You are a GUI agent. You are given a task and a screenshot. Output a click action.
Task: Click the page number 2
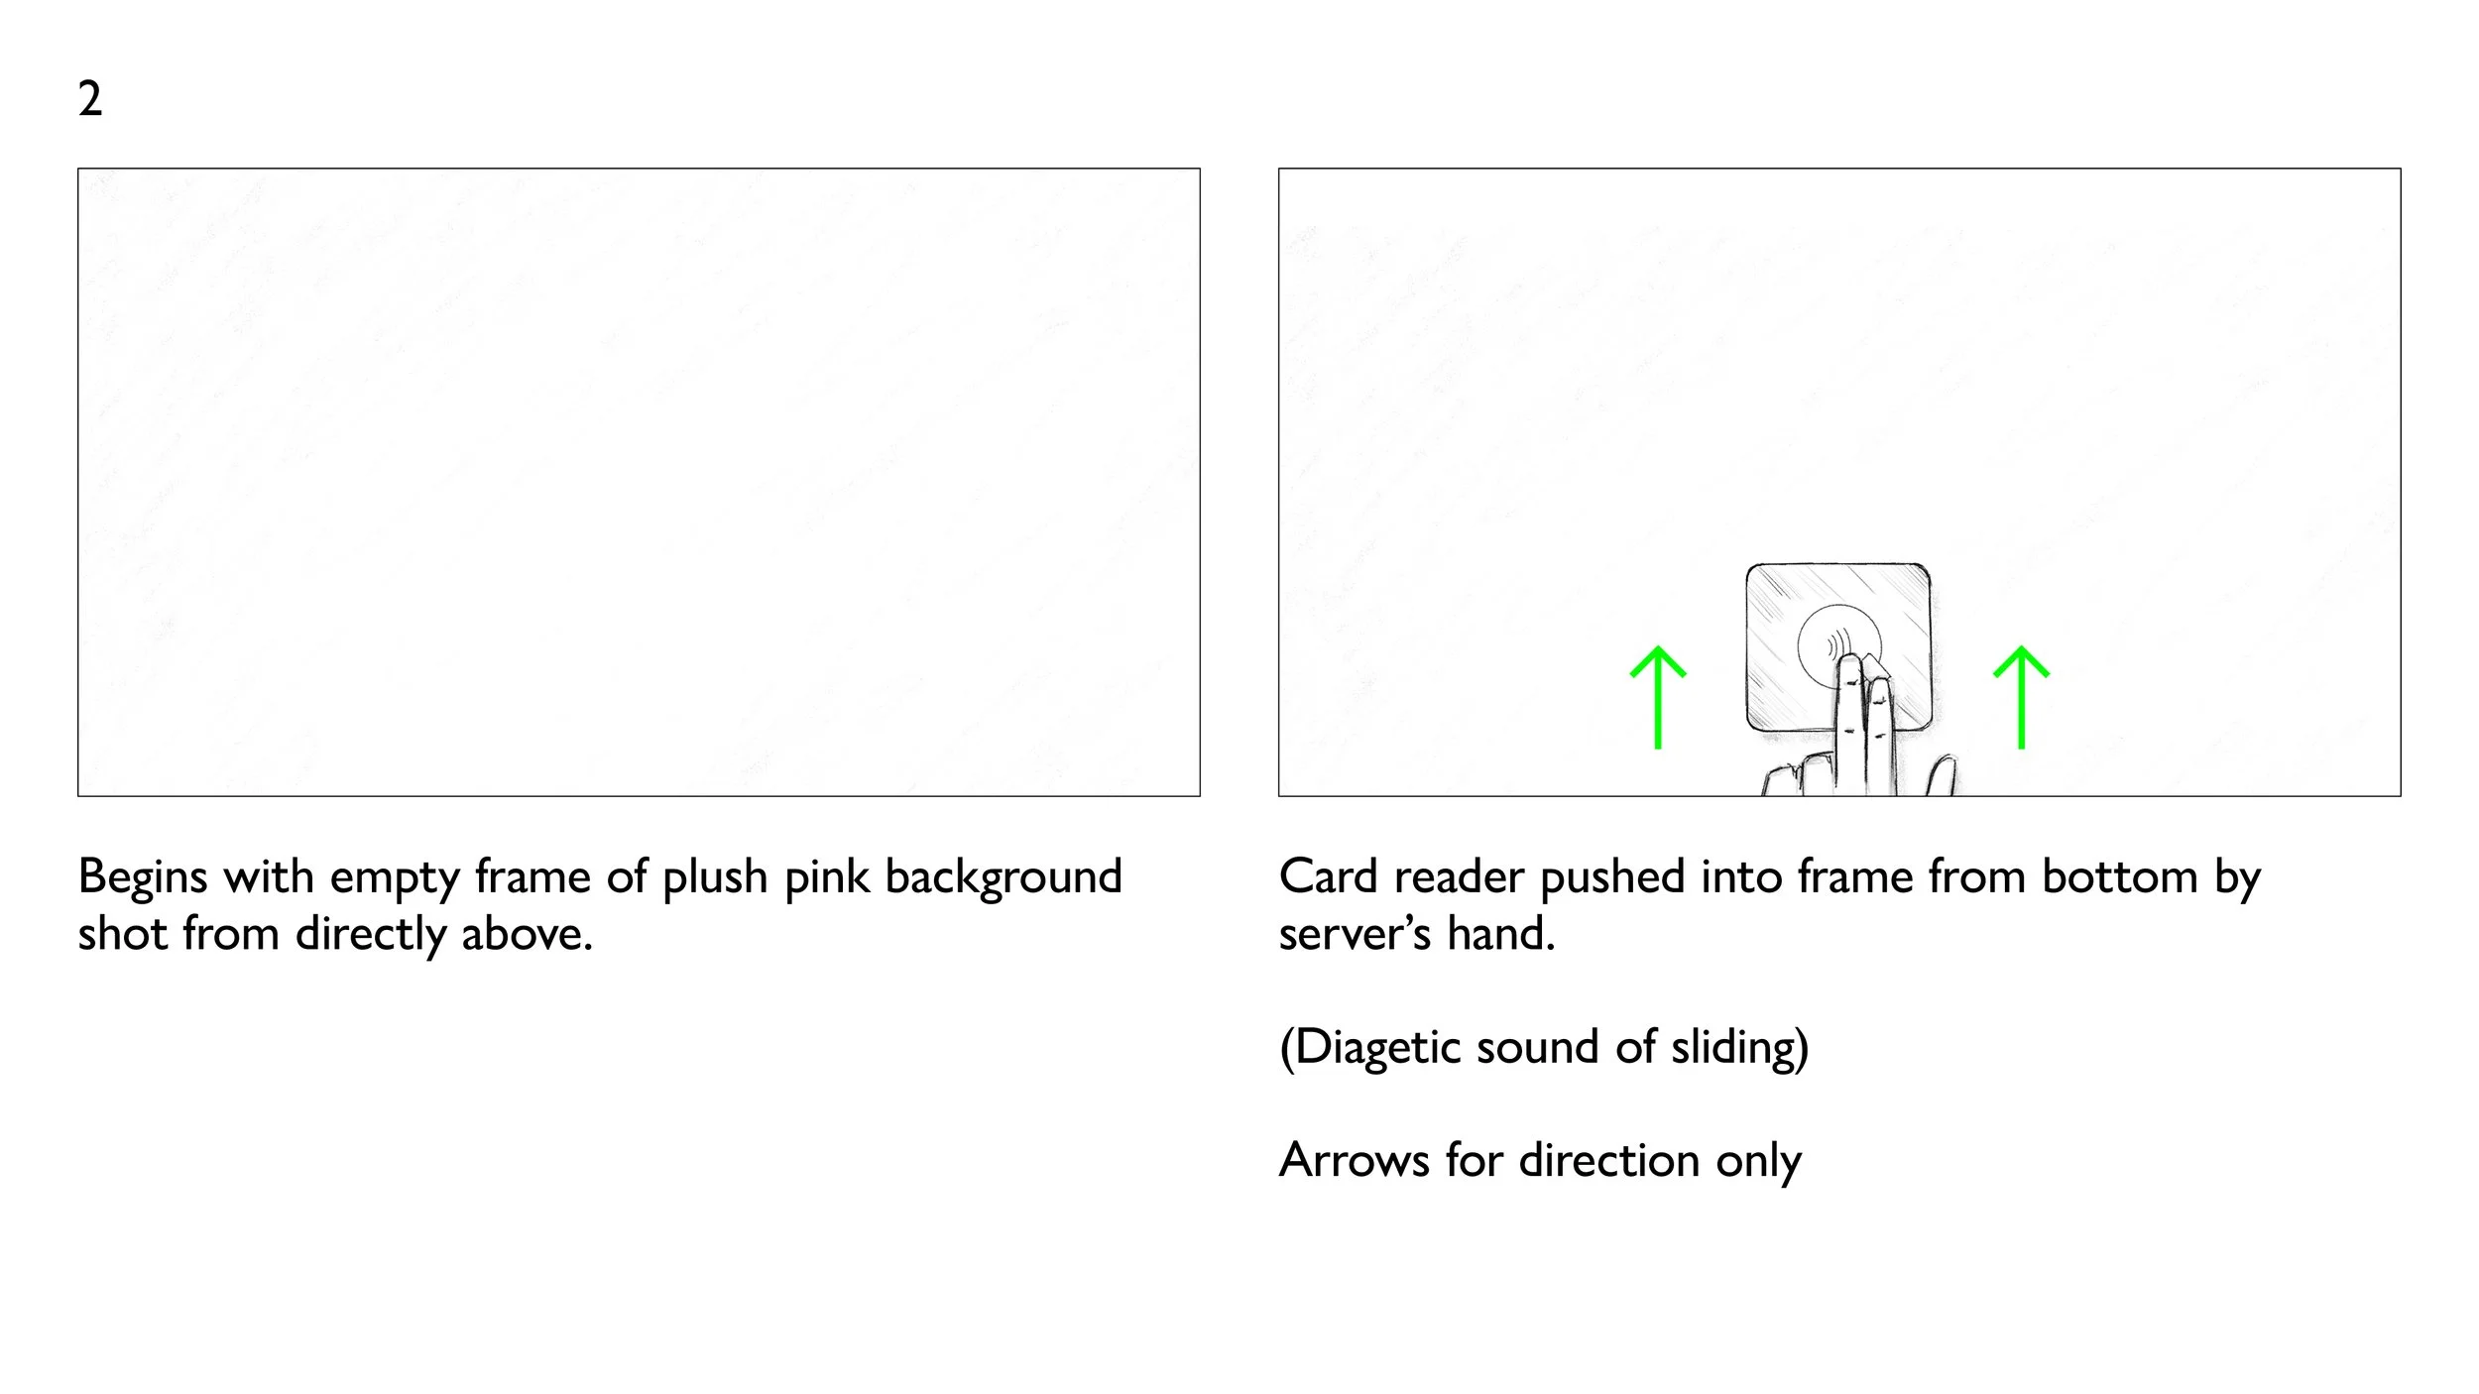[x=89, y=100]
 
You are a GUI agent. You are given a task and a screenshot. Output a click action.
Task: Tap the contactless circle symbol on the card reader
[x=1837, y=644]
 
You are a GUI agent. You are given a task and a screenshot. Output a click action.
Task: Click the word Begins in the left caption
[x=142, y=877]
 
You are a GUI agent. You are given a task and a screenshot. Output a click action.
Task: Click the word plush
[x=715, y=877]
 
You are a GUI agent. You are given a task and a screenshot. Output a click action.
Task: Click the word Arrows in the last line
[x=1354, y=1160]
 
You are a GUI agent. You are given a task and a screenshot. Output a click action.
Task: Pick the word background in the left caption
[x=1003, y=877]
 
